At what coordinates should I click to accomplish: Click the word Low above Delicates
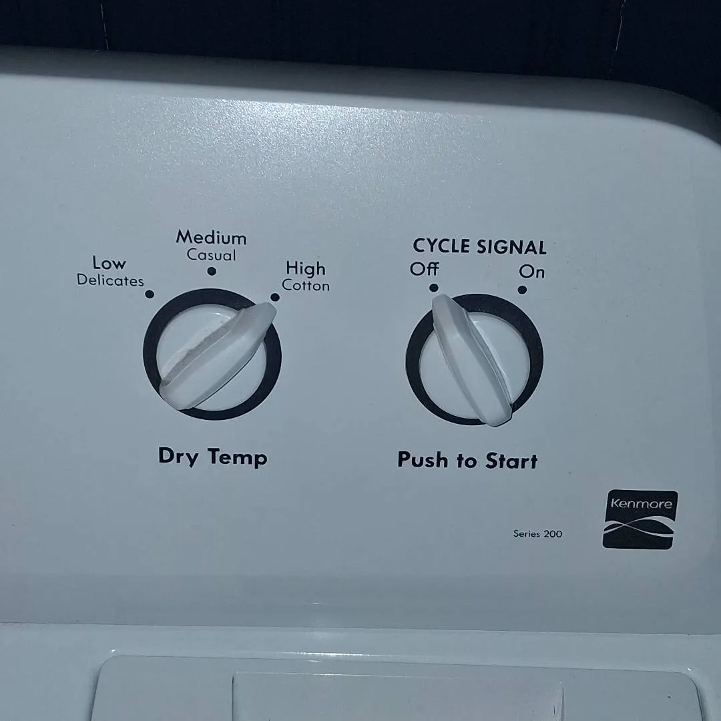(109, 263)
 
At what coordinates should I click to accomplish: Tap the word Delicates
(110, 280)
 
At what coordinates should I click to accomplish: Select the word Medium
(211, 237)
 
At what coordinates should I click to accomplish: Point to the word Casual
(211, 255)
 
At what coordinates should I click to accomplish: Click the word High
(305, 268)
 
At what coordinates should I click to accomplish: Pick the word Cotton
(306, 286)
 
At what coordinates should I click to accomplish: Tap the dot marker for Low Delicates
(150, 294)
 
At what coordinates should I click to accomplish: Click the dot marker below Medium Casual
(212, 271)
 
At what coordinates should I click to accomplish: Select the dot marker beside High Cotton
(275, 297)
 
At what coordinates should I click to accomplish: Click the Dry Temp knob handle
(218, 356)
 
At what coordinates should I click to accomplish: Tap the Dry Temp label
(212, 457)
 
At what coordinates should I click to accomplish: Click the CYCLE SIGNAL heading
(479, 246)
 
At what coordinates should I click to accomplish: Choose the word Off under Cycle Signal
(424, 268)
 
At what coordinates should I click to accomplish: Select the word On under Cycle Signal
(531, 272)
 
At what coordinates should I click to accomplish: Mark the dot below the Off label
(434, 288)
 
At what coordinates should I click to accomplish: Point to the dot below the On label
(522, 290)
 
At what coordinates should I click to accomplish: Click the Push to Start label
(467, 460)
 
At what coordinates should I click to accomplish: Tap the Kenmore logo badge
(640, 519)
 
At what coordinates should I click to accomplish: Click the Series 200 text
(537, 534)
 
